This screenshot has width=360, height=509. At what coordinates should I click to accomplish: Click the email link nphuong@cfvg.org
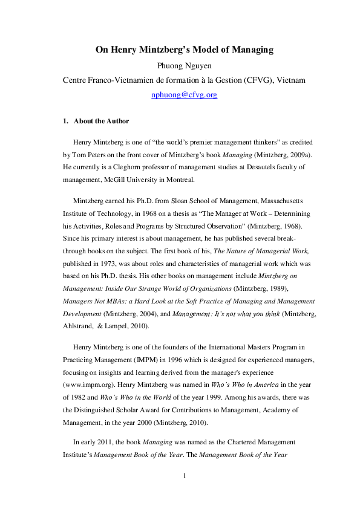tap(183, 95)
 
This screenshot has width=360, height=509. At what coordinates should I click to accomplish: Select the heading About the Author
tap(101, 121)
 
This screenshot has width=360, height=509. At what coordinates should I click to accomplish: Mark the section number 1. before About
tap(65, 121)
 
